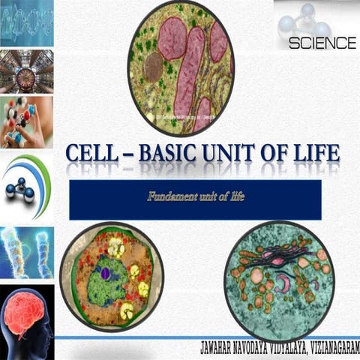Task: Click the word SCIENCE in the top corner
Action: click(322, 43)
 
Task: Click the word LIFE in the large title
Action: click(316, 155)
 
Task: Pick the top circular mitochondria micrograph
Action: click(181, 67)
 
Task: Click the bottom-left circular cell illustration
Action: click(112, 277)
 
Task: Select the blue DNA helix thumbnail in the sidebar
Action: click(26, 22)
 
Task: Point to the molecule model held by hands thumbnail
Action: click(26, 121)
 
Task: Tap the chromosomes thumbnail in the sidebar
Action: click(26, 253)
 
